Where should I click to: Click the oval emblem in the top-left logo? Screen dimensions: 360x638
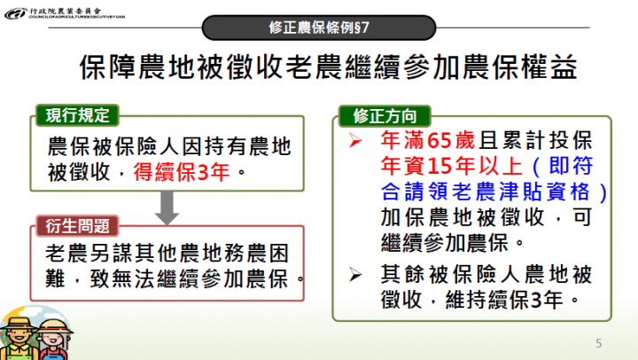coord(14,14)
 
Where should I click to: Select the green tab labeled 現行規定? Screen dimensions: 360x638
coord(77,114)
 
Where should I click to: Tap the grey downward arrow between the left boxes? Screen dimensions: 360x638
coord(164,209)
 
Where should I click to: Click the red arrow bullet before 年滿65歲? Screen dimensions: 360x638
coord(354,142)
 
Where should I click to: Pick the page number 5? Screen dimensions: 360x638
coord(598,342)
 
